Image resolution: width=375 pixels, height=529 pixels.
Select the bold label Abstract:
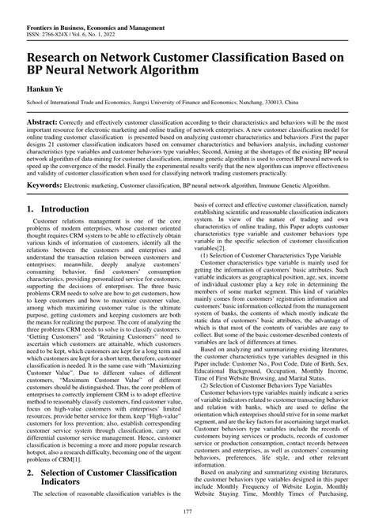[45, 125]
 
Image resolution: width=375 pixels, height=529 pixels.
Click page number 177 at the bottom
[187, 514]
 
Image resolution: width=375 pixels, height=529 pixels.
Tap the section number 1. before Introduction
[33, 210]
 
